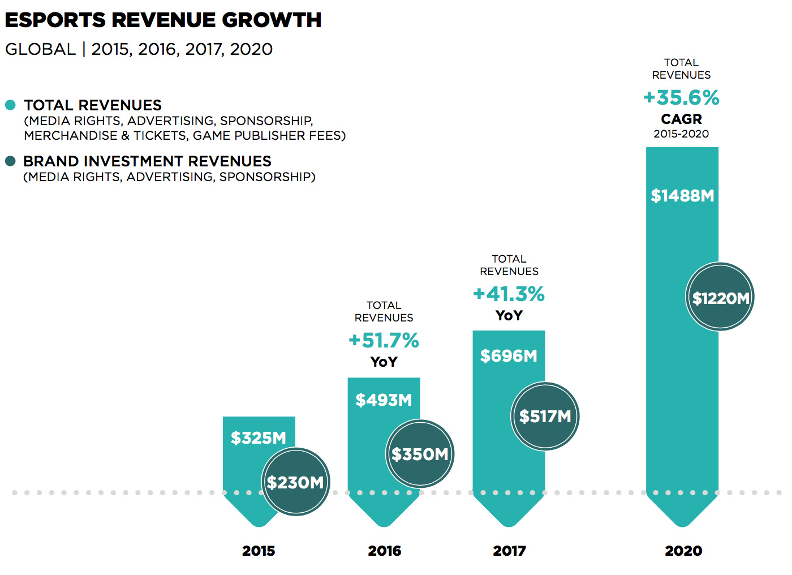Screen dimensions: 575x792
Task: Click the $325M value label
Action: [259, 438]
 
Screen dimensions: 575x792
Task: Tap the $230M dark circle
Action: [295, 482]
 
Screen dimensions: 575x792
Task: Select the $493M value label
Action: [384, 400]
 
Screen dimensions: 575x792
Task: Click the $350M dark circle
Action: [420, 454]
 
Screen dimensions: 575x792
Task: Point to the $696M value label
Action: [509, 356]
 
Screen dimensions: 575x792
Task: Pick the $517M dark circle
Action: [545, 417]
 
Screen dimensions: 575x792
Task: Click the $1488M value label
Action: [682, 196]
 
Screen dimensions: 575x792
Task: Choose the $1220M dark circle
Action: [720, 297]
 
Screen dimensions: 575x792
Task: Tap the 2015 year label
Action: [259, 551]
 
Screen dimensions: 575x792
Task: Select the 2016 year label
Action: [384, 551]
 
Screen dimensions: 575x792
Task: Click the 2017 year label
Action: [509, 551]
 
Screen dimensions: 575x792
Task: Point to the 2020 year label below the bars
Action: [683, 551]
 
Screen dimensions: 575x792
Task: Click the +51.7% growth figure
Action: [384, 341]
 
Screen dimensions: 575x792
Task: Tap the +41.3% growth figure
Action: [509, 294]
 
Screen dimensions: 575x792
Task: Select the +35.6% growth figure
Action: [681, 98]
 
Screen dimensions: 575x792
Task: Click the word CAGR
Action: [681, 119]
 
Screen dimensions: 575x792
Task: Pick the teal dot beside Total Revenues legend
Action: [10, 105]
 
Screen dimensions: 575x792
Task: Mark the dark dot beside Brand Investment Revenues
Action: [10, 161]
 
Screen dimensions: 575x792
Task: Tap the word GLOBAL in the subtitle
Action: [40, 50]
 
